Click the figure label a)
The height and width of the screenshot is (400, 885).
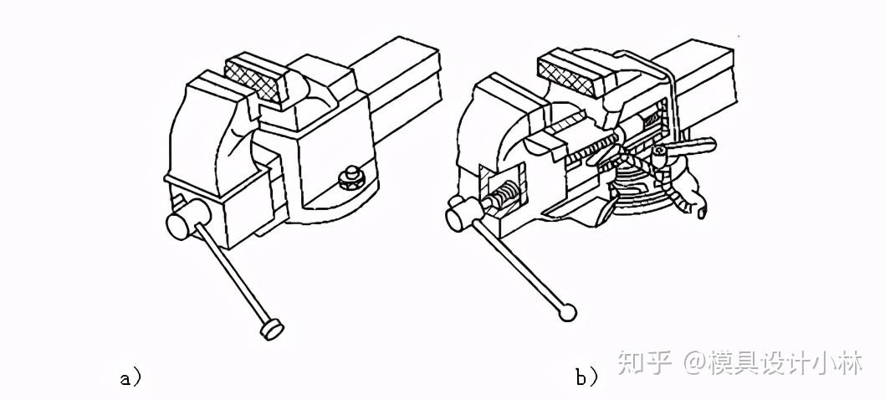130,377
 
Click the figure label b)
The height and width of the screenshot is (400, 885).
586,377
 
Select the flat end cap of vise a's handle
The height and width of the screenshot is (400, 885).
270,329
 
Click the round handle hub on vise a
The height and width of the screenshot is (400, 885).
182,224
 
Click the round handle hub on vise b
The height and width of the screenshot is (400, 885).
459,217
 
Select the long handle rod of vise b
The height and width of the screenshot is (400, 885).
519,268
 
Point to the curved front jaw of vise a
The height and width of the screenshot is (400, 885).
206,126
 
